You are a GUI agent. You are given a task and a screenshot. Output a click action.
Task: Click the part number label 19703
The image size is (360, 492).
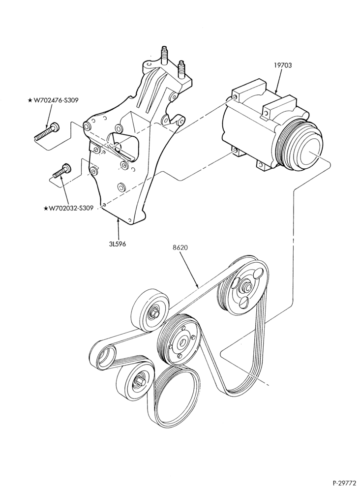(x=283, y=65)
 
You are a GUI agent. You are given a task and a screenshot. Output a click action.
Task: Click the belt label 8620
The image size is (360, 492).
(x=180, y=247)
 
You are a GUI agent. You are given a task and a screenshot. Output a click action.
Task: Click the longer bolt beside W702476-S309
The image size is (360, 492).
(x=46, y=131)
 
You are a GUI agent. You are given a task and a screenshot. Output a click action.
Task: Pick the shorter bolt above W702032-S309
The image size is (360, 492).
(x=62, y=171)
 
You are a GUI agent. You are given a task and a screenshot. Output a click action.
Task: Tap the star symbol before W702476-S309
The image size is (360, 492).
(x=30, y=100)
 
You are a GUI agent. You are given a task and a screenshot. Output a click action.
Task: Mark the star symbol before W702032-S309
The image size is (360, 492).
(x=46, y=208)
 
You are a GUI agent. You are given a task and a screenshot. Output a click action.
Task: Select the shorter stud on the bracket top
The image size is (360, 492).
(x=181, y=69)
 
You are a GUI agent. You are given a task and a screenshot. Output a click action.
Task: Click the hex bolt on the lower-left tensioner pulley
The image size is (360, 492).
(x=140, y=382)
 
